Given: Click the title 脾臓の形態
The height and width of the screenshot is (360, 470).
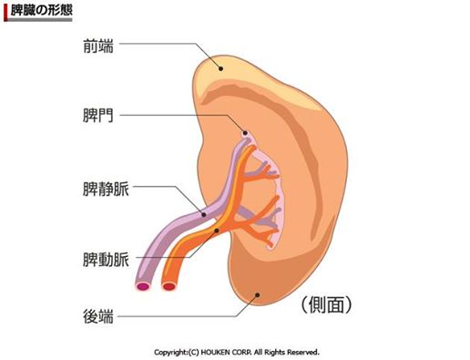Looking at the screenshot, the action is coord(43,9).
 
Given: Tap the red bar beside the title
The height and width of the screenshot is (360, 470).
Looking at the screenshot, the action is coord(5,9).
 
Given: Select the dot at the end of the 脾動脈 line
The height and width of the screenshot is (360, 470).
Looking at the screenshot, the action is coord(216,232).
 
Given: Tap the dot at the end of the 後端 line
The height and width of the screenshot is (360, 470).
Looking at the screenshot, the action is coord(261,293).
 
